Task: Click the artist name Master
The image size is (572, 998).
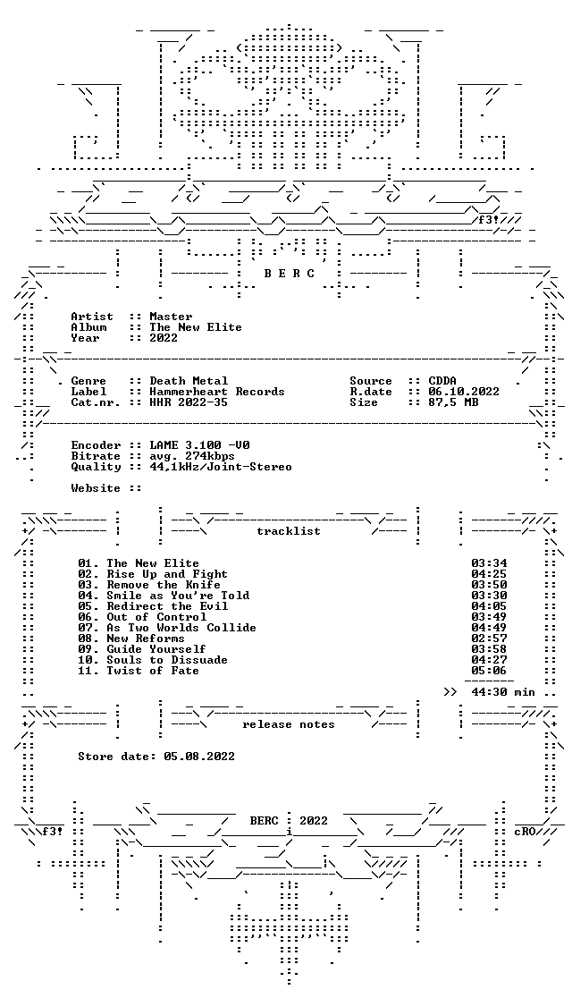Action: [171, 317]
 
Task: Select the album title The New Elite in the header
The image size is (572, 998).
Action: [196, 327]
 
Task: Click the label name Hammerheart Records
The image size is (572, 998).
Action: [217, 392]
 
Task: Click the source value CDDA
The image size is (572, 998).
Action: [442, 381]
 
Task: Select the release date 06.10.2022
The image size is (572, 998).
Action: [464, 392]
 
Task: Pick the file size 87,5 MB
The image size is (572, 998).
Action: [453, 402]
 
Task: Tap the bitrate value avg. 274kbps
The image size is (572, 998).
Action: [192, 456]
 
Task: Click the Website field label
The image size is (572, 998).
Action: [96, 488]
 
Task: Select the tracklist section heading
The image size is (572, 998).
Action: [288, 531]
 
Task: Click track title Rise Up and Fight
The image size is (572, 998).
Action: [167, 574]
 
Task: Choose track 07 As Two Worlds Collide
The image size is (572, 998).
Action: [167, 628]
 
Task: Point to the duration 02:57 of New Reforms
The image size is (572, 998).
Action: [489, 639]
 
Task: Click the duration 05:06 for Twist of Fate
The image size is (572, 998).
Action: [489, 670]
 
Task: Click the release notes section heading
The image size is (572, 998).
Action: [288, 724]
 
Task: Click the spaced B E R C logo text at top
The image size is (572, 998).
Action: [288, 274]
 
